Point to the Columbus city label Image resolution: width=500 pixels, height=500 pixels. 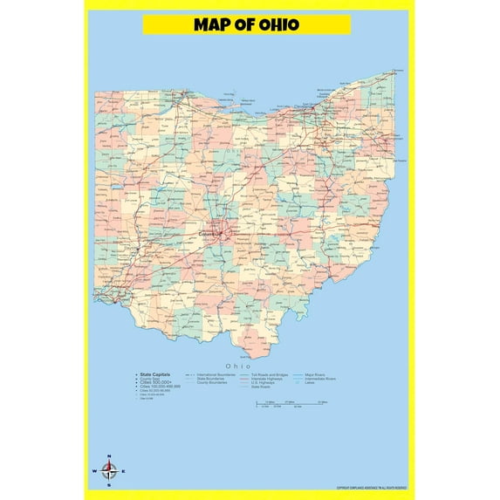click(210, 234)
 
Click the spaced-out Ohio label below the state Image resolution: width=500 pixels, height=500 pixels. click(238, 366)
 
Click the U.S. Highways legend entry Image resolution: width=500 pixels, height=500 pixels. click(264, 382)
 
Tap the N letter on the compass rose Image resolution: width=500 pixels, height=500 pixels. click(109, 457)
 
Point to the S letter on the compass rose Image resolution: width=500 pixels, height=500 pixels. click(109, 485)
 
